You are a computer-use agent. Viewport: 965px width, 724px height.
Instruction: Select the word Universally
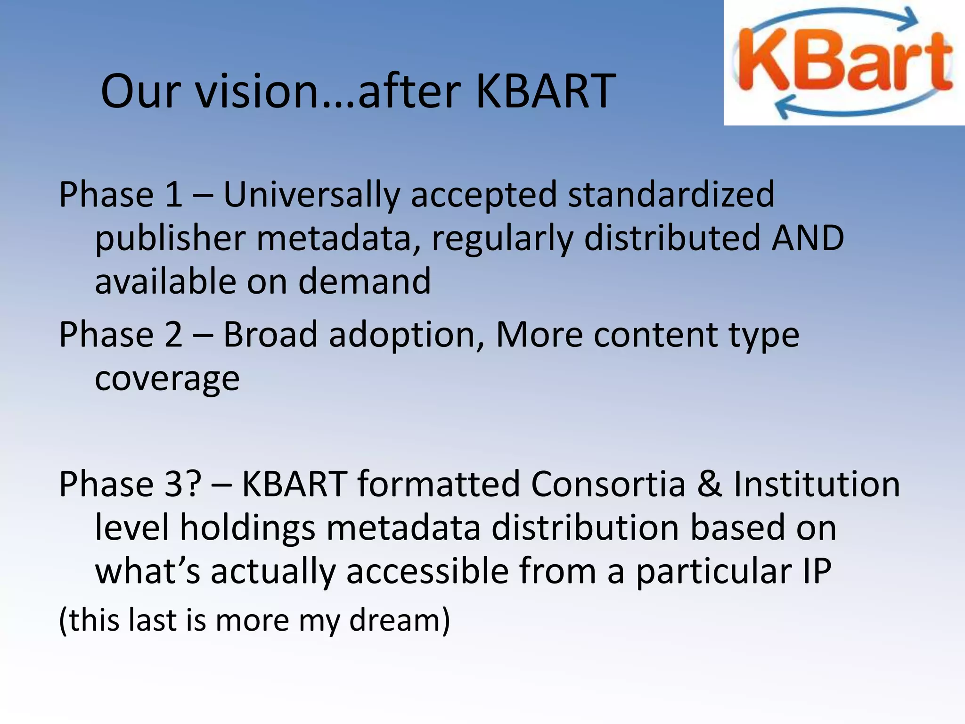(311, 194)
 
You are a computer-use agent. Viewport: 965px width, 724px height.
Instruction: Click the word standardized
(671, 194)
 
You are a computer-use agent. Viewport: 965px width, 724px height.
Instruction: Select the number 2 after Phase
(173, 335)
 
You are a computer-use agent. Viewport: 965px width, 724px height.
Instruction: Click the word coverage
(167, 379)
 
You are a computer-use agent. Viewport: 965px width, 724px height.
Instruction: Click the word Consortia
(608, 484)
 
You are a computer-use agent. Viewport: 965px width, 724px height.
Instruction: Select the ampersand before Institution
(710, 484)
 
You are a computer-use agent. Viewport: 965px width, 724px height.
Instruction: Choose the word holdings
(247, 528)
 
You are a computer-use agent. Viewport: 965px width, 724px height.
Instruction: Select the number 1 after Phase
(173, 194)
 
